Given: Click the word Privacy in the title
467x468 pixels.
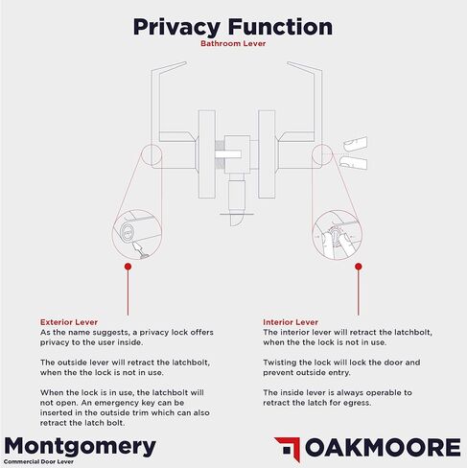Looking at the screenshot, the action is (176, 28).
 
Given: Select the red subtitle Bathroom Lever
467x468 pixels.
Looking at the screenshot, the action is (233, 43).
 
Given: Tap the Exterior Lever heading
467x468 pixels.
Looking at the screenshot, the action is (69, 322).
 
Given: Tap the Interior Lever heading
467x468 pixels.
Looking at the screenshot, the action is (291, 322).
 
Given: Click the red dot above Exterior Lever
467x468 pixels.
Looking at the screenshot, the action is (128, 267).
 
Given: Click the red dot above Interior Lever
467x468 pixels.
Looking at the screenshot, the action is (359, 267).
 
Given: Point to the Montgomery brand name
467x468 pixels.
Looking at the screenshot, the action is (81, 447).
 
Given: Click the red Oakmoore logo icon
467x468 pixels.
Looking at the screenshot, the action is (288, 449).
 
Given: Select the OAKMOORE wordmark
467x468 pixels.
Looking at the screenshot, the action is (383, 447).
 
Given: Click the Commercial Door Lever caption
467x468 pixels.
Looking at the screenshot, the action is (38, 461).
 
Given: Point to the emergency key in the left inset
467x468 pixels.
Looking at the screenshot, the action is (140, 250).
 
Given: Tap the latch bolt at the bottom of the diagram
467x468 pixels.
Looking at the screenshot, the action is (237, 220).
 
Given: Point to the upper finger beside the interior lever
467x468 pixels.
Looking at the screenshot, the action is (355, 144).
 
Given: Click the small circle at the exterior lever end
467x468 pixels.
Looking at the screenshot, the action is (152, 155).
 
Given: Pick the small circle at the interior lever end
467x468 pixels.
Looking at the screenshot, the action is (322, 154).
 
